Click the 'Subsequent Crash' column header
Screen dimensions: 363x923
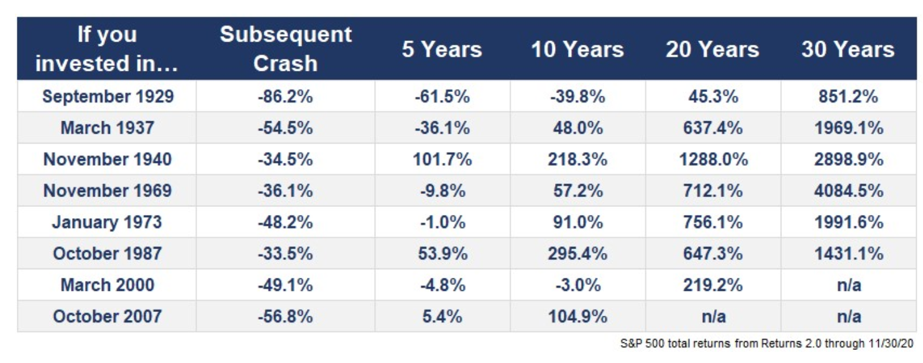285,48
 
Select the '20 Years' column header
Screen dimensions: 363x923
712,49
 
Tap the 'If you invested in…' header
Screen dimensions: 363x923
106,48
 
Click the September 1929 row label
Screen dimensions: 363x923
108,96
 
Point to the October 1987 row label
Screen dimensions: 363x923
108,254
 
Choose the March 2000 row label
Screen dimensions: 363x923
108,285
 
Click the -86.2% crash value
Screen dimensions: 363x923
285,96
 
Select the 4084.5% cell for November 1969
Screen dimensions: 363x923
848,190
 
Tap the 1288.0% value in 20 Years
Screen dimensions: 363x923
713,159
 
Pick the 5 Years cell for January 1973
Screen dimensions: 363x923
442,222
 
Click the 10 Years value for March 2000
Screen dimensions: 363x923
577,285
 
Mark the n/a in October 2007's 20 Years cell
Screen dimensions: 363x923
713,316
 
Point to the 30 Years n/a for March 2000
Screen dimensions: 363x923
848,285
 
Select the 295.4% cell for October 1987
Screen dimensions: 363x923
577,254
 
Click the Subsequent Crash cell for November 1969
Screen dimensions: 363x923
285,190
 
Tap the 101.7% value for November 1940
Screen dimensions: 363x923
442,159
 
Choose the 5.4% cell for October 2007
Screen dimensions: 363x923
442,316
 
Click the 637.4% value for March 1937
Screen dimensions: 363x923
713,128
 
